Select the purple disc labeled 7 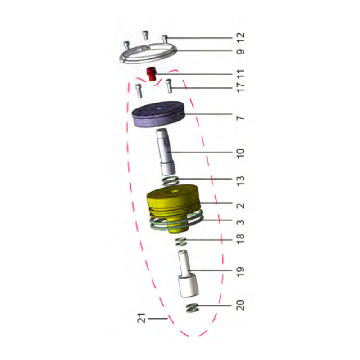tap(158, 118)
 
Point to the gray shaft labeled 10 tap(166, 153)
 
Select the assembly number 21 tap(141, 319)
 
